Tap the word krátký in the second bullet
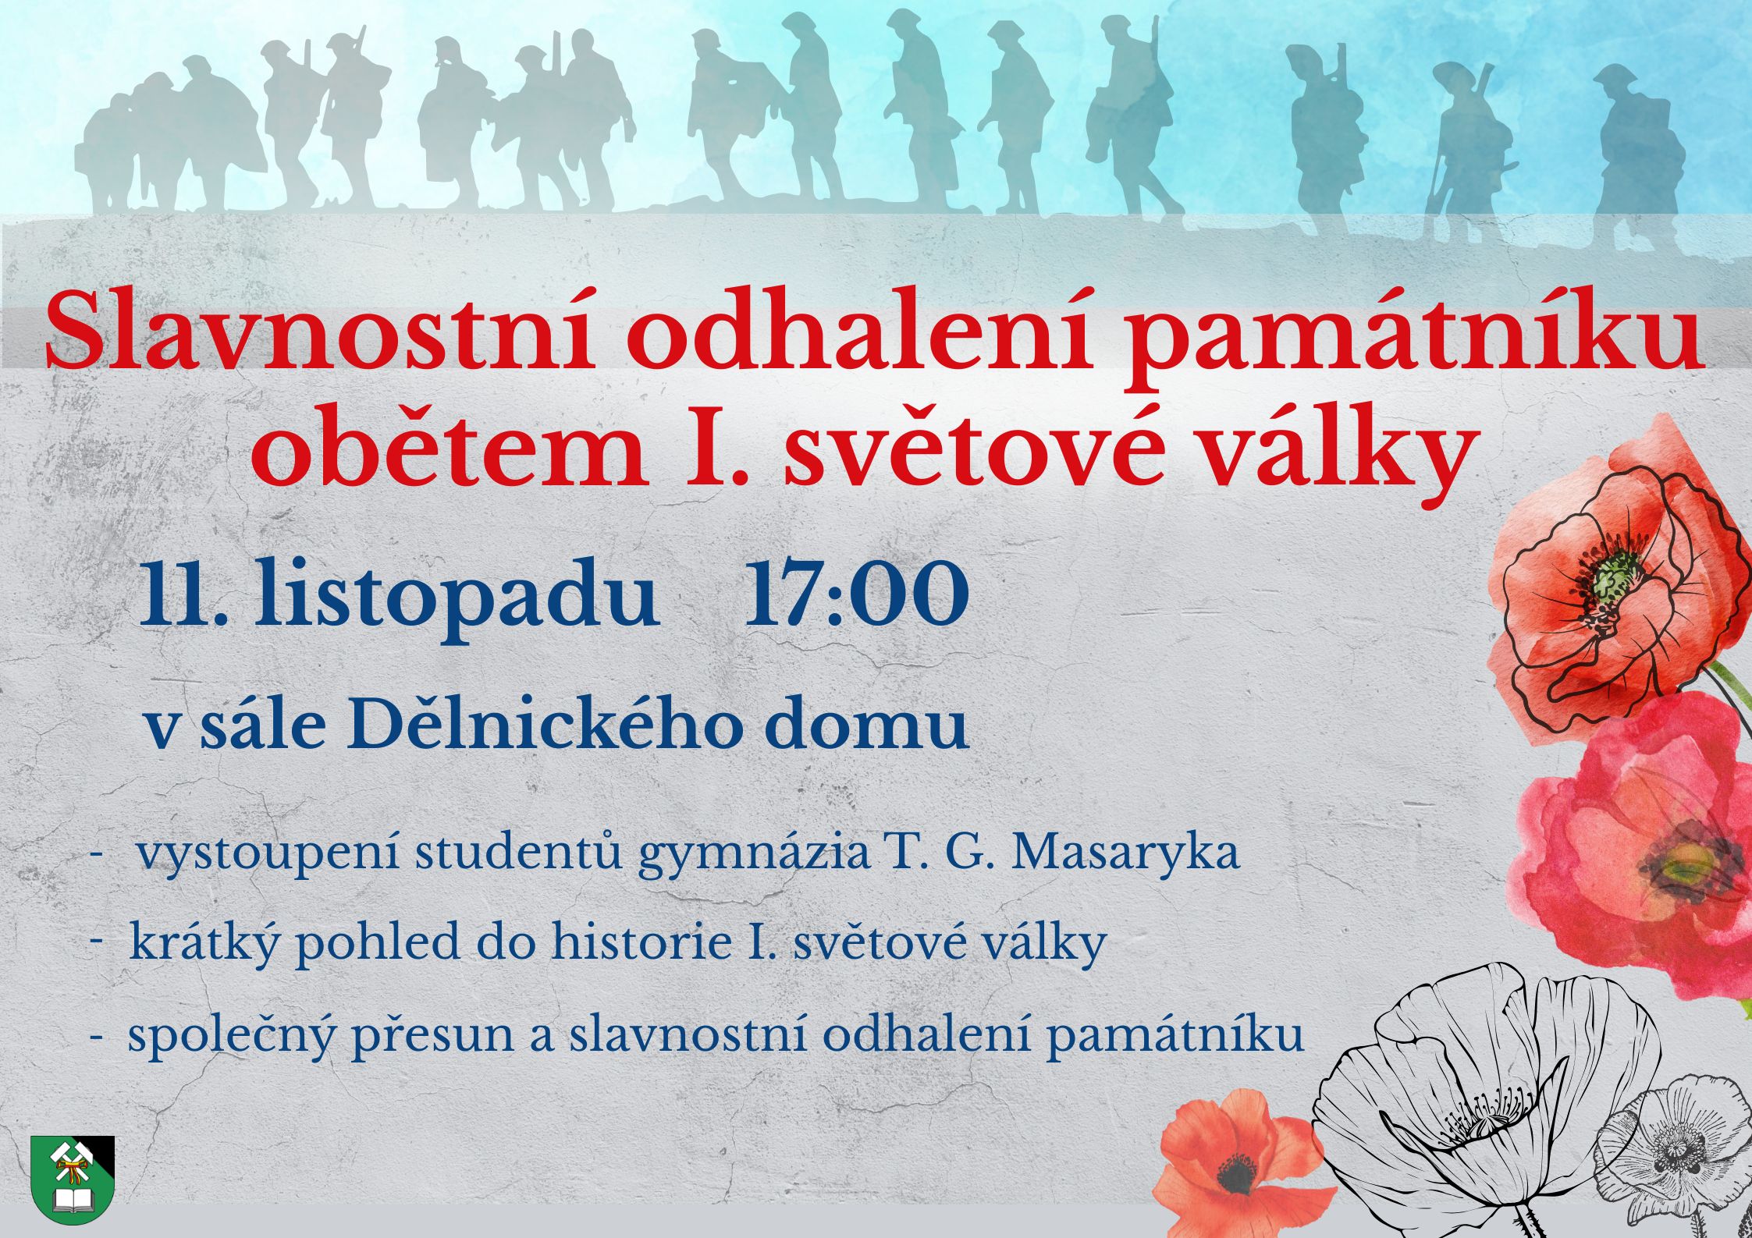tap(204, 944)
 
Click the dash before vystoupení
tap(98, 855)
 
